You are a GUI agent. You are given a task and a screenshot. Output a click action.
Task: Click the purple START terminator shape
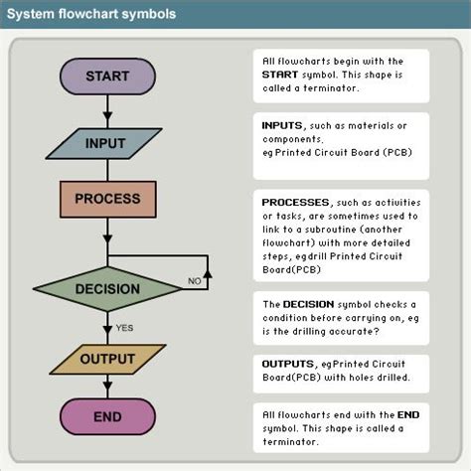[x=107, y=77]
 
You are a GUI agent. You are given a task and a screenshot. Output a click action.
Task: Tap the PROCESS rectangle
[x=107, y=198]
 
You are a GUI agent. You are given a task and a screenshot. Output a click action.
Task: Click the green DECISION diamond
[x=107, y=290]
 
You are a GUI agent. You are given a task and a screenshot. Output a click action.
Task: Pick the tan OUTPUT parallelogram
[x=107, y=359]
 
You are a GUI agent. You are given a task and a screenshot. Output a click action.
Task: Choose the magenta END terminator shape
[x=107, y=417]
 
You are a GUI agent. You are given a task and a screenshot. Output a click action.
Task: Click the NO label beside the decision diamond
[x=195, y=282]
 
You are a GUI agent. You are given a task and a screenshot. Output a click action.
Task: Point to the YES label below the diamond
[x=125, y=327]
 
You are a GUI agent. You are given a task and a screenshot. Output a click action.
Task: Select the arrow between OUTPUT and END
[x=107, y=388]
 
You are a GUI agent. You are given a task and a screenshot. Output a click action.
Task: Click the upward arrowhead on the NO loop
[x=207, y=259]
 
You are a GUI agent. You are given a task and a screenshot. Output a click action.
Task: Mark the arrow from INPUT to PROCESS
[x=107, y=170]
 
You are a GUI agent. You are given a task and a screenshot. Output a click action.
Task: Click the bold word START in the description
[x=281, y=74]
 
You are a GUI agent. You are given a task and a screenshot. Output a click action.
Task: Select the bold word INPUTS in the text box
[x=284, y=127]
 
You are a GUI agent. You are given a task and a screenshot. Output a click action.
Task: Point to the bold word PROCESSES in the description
[x=296, y=201]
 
